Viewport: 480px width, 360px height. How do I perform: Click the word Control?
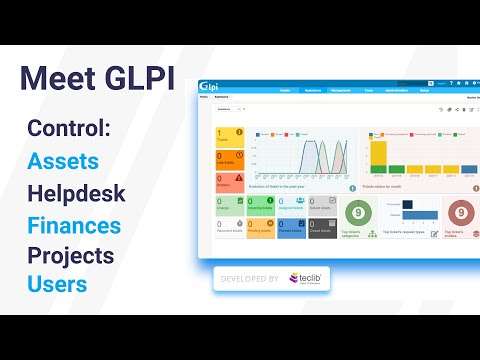point(69,129)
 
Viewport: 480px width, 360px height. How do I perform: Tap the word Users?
point(57,284)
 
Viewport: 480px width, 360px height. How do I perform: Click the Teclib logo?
point(304,279)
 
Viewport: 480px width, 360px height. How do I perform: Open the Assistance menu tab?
point(312,89)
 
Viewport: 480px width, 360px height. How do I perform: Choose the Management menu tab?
point(340,89)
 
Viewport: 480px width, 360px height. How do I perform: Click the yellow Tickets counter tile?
point(230,135)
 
